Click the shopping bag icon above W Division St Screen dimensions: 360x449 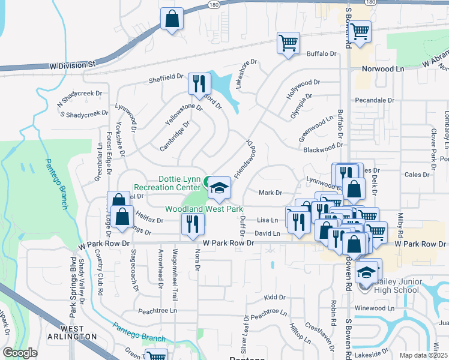[172, 19]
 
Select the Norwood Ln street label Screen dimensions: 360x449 [387, 69]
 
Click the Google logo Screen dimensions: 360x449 [20, 353]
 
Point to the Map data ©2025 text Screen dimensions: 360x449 [423, 355]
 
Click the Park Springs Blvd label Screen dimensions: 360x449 [73, 288]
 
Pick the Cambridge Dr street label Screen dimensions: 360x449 [175, 136]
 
